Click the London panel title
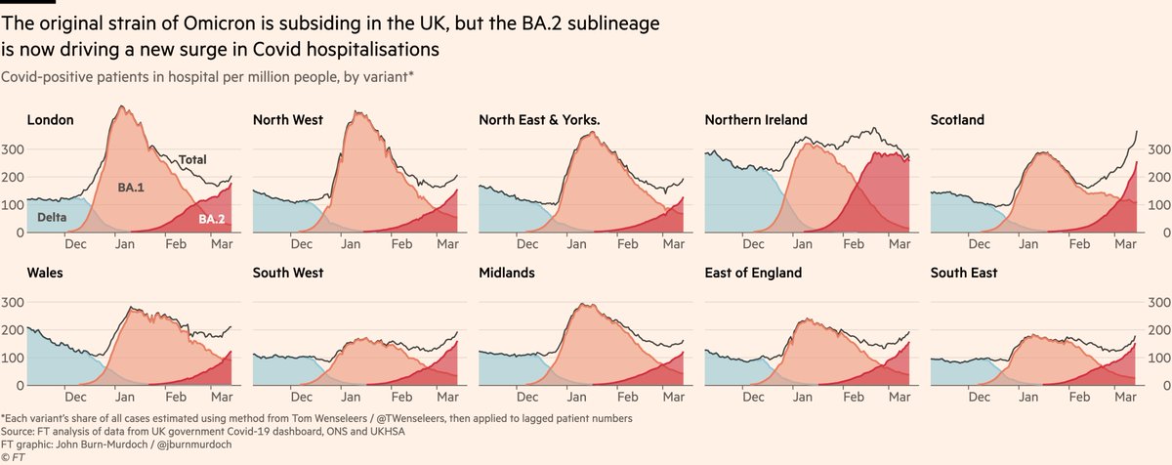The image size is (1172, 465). click(x=50, y=120)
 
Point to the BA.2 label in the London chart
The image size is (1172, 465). click(x=213, y=220)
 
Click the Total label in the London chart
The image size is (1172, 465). click(x=192, y=159)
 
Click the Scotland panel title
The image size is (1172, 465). click(x=957, y=120)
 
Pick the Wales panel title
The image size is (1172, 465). click(x=45, y=273)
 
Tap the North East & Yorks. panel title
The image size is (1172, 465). click(x=539, y=120)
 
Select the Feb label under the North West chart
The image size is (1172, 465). click(x=400, y=245)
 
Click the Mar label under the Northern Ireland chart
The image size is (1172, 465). click(x=899, y=245)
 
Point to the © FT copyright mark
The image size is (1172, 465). click(x=13, y=456)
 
